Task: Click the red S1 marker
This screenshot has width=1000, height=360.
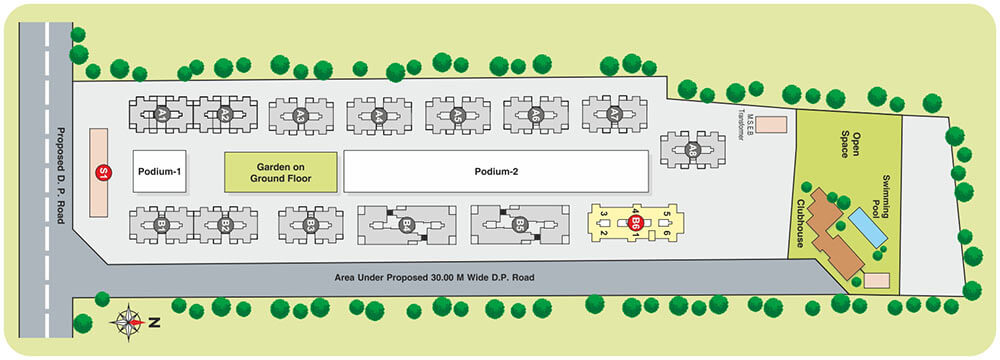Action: [x=101, y=172]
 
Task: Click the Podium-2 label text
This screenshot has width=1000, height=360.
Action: [x=495, y=171]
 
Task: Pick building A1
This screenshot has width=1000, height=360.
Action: [x=160, y=115]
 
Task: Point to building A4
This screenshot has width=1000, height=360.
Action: [x=379, y=116]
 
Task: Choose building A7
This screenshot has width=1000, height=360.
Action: [x=614, y=116]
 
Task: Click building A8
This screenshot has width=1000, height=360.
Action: [x=691, y=149]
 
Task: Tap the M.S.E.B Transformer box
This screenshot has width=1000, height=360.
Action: [x=770, y=125]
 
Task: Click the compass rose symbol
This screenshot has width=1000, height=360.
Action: [x=128, y=322]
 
